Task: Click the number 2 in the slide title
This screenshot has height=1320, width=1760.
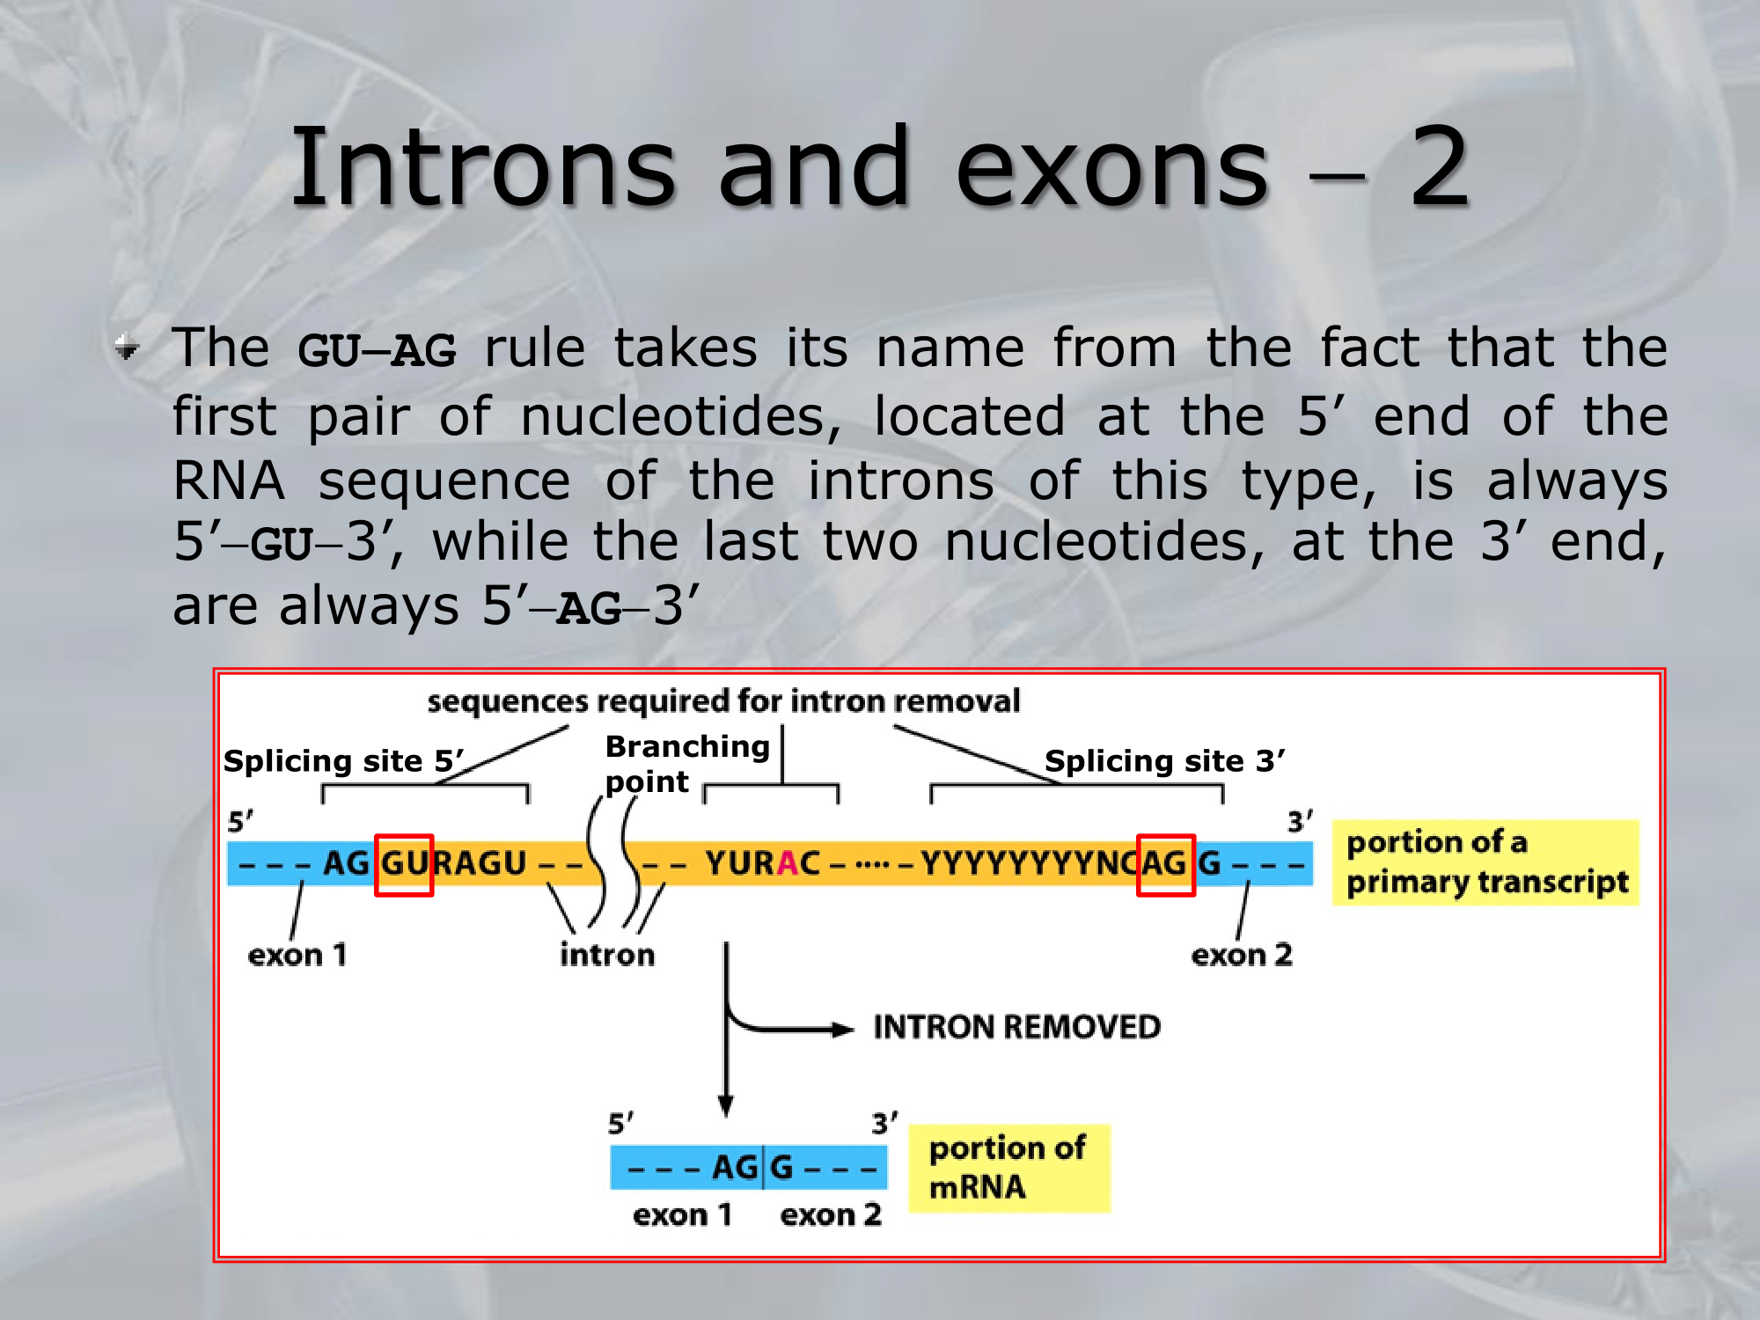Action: (x=1440, y=166)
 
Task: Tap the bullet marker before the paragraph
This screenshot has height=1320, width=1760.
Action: (x=127, y=348)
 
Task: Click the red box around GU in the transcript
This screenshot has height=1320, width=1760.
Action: (x=404, y=865)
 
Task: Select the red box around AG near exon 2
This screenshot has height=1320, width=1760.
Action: (x=1165, y=865)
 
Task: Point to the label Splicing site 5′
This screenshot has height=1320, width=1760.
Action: (x=343, y=760)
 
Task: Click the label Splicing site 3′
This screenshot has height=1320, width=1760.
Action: (x=1164, y=760)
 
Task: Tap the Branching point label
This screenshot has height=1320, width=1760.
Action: (x=687, y=764)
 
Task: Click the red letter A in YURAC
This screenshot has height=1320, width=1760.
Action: (x=787, y=864)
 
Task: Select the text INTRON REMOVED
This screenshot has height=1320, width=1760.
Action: (x=1016, y=1027)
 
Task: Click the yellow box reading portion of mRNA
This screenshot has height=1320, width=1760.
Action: (x=1009, y=1168)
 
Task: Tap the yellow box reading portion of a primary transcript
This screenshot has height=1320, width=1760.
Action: (x=1485, y=862)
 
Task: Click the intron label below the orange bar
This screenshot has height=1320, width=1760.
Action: (x=607, y=955)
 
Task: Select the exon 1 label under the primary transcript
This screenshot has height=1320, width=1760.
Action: (x=297, y=955)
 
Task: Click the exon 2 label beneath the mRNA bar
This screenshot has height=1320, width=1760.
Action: (x=831, y=1215)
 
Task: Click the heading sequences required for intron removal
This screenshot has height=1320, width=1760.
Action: (x=723, y=701)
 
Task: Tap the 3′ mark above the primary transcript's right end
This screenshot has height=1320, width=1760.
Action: (x=1301, y=822)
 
